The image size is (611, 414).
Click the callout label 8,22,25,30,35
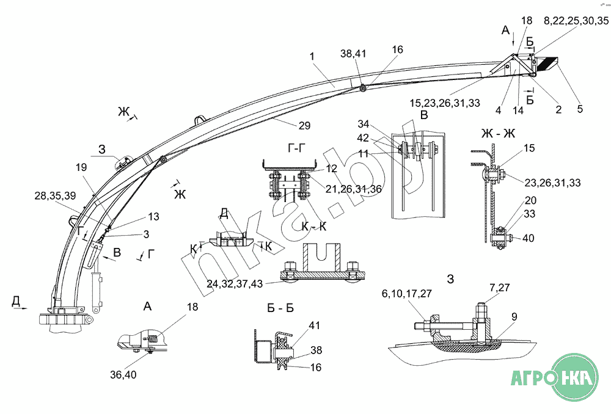[576, 21]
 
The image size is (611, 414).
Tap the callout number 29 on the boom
[304, 126]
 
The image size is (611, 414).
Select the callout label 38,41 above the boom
[353, 54]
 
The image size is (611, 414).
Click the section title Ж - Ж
[498, 134]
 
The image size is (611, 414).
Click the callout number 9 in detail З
[514, 316]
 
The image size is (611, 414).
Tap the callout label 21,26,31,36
[353, 189]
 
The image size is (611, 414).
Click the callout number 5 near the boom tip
[579, 110]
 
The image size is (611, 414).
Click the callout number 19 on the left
[81, 166]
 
